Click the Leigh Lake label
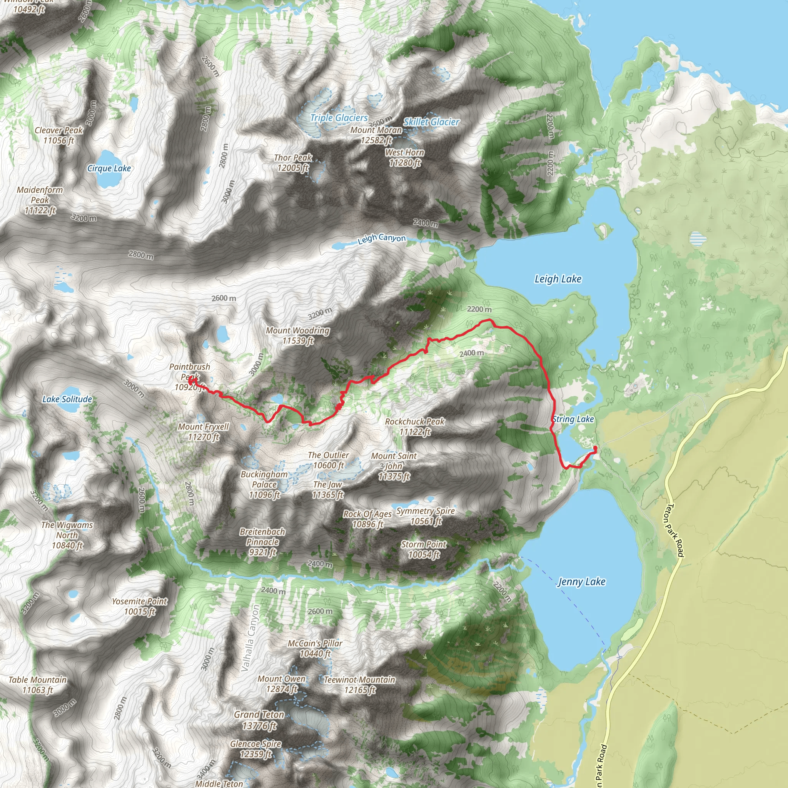(x=558, y=279)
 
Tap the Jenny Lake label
(x=581, y=582)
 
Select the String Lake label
(x=573, y=419)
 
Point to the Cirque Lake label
(x=109, y=168)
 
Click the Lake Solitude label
(x=67, y=399)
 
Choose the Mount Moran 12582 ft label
(x=376, y=135)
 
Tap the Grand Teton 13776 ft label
(x=259, y=720)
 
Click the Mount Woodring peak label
(x=298, y=335)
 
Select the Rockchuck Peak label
(x=415, y=426)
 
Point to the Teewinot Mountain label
(x=359, y=685)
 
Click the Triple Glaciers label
(x=339, y=117)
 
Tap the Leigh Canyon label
(x=381, y=238)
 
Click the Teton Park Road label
(x=674, y=530)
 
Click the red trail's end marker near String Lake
(x=595, y=449)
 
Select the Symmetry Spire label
(x=426, y=516)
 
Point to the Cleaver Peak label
(x=59, y=135)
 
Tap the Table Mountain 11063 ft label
(x=38, y=685)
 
